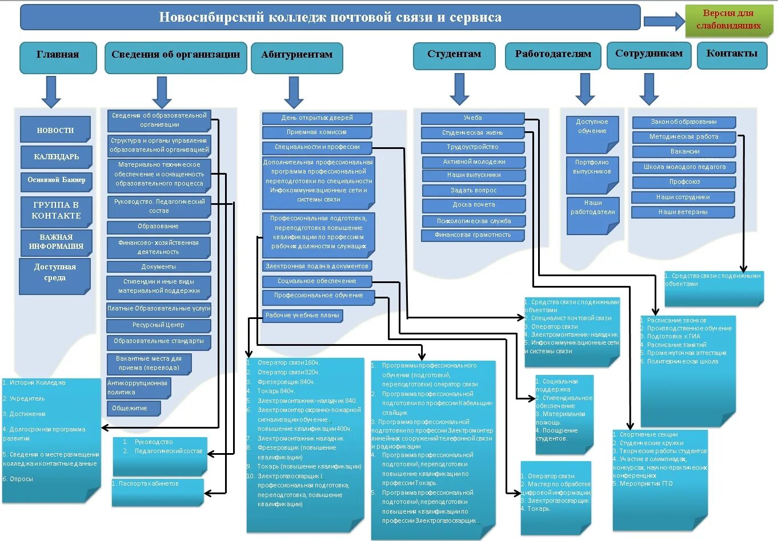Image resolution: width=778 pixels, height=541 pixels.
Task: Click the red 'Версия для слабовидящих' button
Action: [728, 19]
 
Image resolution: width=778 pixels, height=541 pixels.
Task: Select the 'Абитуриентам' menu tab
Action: [296, 55]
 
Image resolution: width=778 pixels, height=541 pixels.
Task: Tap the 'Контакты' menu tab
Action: [732, 54]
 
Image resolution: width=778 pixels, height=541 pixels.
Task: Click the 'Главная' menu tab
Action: [58, 55]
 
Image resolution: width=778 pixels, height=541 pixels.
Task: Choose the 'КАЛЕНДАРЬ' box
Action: [56, 157]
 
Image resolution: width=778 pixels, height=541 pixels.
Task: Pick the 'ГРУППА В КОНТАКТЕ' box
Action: [56, 211]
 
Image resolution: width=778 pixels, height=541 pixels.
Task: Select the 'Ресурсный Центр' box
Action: [158, 325]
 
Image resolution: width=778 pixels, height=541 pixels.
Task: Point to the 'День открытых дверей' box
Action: [317, 118]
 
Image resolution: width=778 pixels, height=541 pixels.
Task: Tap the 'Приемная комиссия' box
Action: [317, 132]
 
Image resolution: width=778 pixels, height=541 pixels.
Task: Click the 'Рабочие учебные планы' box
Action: [302, 316]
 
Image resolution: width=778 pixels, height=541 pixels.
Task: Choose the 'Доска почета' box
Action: [474, 205]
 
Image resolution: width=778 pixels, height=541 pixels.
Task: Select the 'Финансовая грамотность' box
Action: [472, 235]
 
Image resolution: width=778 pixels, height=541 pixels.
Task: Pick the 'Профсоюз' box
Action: [684, 182]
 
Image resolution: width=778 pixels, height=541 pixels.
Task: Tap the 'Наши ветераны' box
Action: [683, 212]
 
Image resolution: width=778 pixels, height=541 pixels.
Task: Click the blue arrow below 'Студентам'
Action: [459, 90]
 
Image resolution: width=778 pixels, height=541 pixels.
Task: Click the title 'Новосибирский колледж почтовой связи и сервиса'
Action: [330, 18]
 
